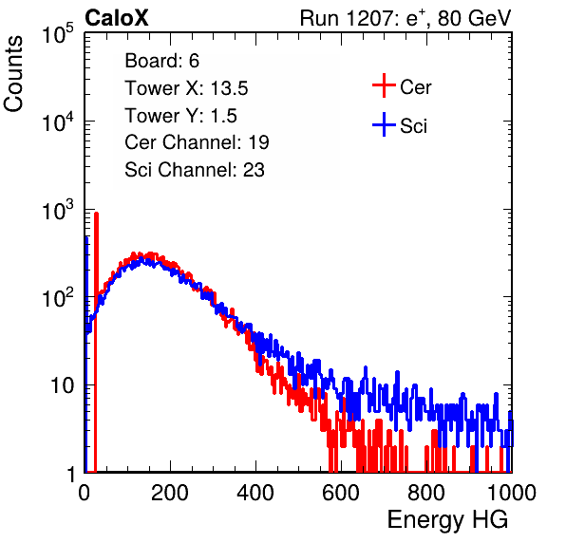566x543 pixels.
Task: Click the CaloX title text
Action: point(117,18)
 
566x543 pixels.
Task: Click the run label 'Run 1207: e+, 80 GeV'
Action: point(406,18)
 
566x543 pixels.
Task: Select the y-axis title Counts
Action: point(13,74)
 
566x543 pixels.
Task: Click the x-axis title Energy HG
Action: point(447,520)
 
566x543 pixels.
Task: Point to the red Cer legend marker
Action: point(384,85)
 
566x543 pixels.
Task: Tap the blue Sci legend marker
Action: point(384,124)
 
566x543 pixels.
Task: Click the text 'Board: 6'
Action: point(161,61)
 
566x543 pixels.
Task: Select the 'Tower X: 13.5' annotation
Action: point(186,88)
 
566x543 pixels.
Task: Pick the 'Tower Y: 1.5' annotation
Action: point(180,116)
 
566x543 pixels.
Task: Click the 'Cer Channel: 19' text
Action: point(197,142)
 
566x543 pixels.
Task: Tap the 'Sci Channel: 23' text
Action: point(195,170)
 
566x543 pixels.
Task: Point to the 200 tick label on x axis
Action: point(170,493)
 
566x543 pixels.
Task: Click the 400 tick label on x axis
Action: point(255,493)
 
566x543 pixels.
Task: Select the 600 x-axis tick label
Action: point(341,493)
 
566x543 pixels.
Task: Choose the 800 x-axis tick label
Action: point(426,493)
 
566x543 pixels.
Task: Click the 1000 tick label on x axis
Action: point(512,493)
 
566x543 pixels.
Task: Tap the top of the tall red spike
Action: point(96,214)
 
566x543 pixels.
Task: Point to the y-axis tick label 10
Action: point(62,385)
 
